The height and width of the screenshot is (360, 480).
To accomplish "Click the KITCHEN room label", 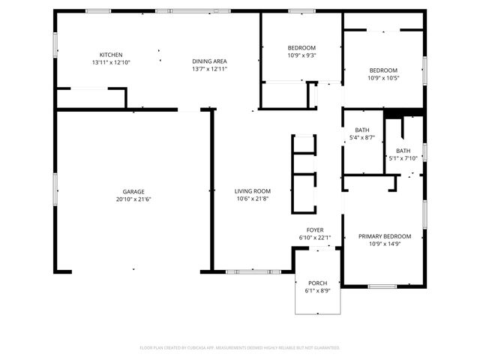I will pyautogui.click(x=111, y=55).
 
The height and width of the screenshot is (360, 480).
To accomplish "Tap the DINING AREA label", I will pyautogui.click(x=209, y=61).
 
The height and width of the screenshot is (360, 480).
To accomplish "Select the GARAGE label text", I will pyautogui.click(x=133, y=192).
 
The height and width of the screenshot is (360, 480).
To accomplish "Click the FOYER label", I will pyautogui.click(x=315, y=230).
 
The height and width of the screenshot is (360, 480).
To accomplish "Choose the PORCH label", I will pyautogui.click(x=317, y=283).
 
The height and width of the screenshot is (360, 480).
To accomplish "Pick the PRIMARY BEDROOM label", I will pyautogui.click(x=389, y=236).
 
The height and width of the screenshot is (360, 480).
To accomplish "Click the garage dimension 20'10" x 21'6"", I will pyautogui.click(x=133, y=199).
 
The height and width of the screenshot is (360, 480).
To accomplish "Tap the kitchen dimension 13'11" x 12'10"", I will pyautogui.click(x=111, y=62).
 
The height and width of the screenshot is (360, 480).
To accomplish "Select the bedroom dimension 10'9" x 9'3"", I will pyautogui.click(x=301, y=55).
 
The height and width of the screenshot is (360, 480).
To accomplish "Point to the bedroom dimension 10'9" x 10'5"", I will pyautogui.click(x=383, y=78).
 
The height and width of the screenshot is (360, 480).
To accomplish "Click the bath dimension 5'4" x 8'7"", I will pyautogui.click(x=362, y=137).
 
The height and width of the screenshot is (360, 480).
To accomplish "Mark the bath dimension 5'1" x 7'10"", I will pyautogui.click(x=403, y=158).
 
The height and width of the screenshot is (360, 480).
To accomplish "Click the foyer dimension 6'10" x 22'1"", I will pyautogui.click(x=315, y=238).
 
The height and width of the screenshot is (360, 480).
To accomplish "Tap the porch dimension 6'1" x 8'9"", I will pyautogui.click(x=317, y=290).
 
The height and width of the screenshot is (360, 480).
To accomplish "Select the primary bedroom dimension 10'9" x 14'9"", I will pyautogui.click(x=389, y=244).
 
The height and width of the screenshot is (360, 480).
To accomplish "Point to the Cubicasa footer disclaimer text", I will pyautogui.click(x=240, y=348).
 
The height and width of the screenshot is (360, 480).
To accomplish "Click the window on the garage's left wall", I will pyautogui.click(x=54, y=187).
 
